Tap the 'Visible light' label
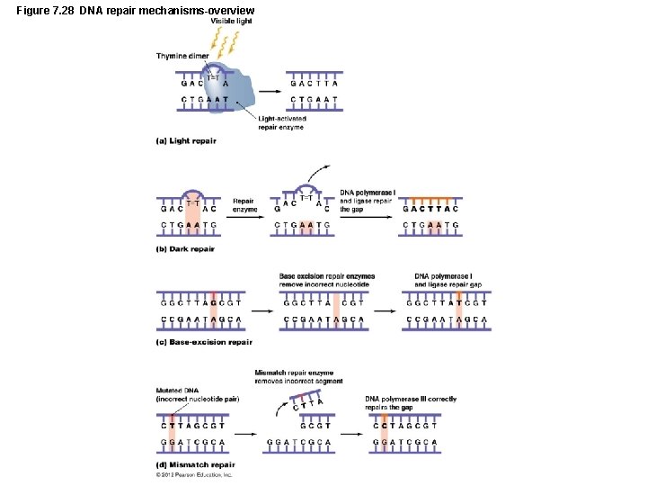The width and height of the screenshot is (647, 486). (231, 21)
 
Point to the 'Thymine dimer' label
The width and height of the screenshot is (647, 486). (182, 56)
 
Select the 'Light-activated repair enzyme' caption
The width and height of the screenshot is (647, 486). (281, 123)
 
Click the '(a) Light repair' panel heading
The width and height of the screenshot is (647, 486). (186, 141)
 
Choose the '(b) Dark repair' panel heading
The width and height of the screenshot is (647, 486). (186, 249)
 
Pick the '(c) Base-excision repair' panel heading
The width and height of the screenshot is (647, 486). (204, 342)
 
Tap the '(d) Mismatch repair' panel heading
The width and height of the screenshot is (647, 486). (195, 464)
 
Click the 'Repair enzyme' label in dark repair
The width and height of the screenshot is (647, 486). (244, 205)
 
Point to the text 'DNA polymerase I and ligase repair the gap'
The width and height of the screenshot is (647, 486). (368, 201)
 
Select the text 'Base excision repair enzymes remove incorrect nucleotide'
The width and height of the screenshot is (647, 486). (327, 280)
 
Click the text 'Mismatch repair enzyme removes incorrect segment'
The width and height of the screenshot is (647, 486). (294, 376)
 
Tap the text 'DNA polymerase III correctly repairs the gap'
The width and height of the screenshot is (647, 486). (411, 402)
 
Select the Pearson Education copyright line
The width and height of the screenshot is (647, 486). (195, 474)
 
